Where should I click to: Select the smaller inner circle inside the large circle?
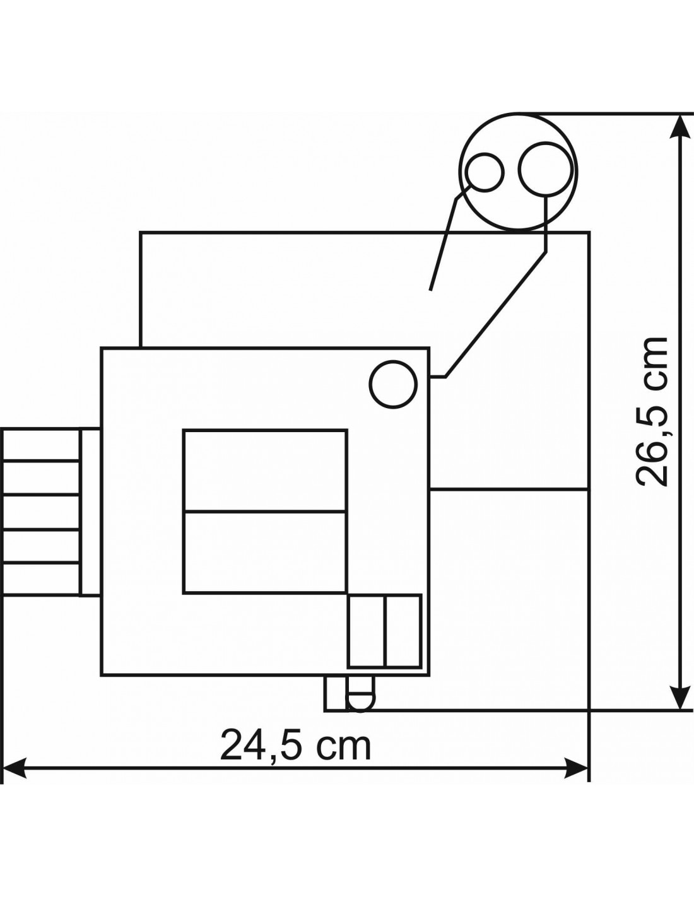tap(485, 172)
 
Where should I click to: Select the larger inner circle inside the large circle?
tap(546, 170)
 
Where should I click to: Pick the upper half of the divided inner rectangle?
tap(264, 471)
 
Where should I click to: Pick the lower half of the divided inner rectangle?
tap(264, 553)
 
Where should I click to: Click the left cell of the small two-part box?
tap(367, 631)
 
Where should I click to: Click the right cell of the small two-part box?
tap(403, 631)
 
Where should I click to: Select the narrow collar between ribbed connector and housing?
tap(90, 512)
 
